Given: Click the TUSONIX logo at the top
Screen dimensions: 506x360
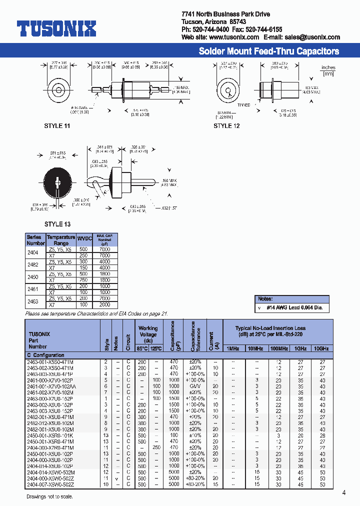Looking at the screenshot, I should pyautogui.click(x=56, y=29).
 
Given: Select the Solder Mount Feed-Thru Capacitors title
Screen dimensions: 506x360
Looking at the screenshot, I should pyautogui.click(x=268, y=51).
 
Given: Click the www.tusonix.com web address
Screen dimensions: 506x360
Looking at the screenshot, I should pyautogui.click(x=234, y=37).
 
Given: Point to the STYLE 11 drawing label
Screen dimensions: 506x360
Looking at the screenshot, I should pyautogui.click(x=57, y=126).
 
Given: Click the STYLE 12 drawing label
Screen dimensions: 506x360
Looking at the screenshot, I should pyautogui.click(x=226, y=126).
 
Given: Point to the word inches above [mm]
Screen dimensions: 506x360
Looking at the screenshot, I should pyautogui.click(x=328, y=67).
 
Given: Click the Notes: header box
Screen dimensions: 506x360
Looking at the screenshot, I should pyautogui.click(x=264, y=298).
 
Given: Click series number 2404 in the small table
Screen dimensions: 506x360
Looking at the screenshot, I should pyautogui.click(x=32, y=252).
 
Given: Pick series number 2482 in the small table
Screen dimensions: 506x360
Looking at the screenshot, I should pyautogui.click(x=32, y=265).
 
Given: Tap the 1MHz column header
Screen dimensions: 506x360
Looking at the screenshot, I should pyautogui.click(x=233, y=348).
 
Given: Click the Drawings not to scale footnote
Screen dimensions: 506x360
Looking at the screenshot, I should pyautogui.click(x=49, y=496).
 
